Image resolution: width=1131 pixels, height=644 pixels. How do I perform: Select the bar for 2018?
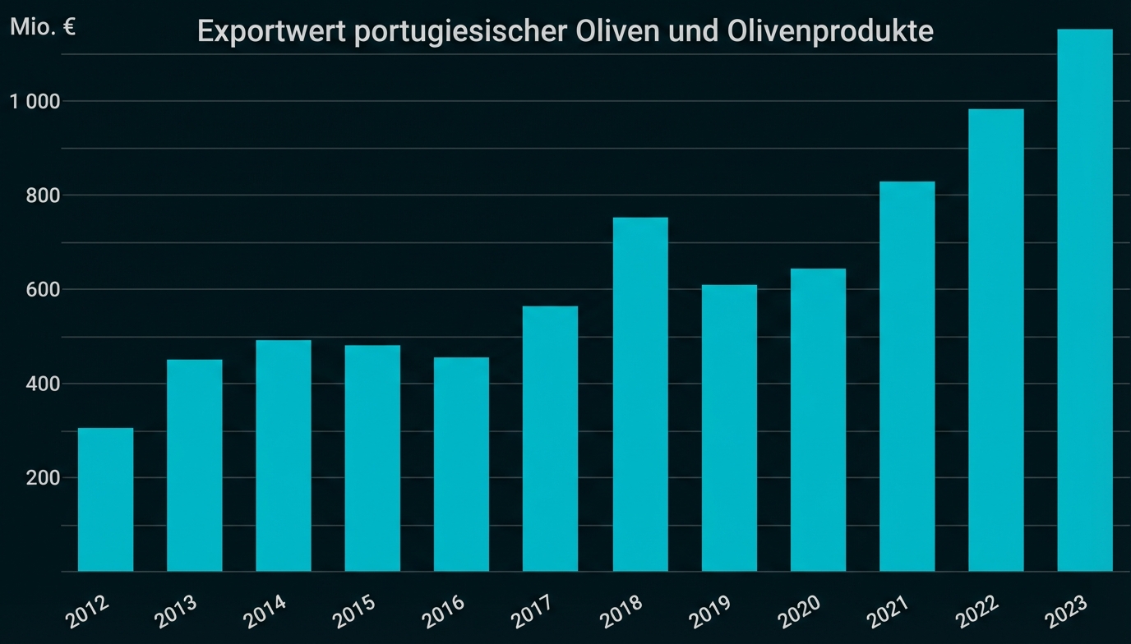click(x=640, y=394)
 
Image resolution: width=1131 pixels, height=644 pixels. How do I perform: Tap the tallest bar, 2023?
click(x=1084, y=300)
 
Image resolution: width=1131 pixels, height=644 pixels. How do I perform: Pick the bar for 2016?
click(x=461, y=464)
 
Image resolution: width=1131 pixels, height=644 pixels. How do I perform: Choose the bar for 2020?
click(x=818, y=420)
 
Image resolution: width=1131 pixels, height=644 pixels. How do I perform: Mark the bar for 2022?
click(x=995, y=340)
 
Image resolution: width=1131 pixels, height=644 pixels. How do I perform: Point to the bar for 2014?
click(x=283, y=455)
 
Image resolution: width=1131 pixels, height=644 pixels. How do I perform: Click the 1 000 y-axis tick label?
click(x=35, y=102)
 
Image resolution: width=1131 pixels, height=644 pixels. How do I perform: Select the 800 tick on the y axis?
click(x=43, y=195)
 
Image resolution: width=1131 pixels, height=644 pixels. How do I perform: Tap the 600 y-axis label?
click(x=43, y=290)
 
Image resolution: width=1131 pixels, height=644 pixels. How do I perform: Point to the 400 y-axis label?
click(x=43, y=384)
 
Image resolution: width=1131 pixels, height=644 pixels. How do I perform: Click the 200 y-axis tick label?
click(x=43, y=478)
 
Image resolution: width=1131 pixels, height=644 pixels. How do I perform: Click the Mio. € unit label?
click(x=43, y=27)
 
